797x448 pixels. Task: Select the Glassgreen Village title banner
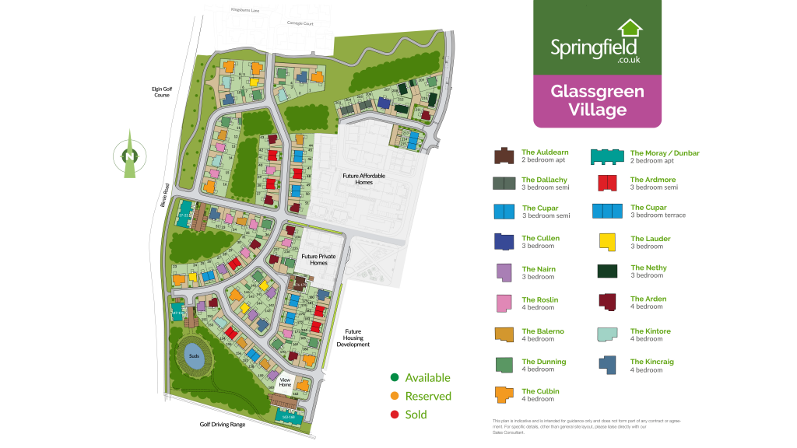pyautogui.click(x=597, y=101)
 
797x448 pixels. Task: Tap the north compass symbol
pyautogui.click(x=129, y=156)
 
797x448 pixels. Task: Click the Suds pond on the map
pyautogui.click(x=195, y=357)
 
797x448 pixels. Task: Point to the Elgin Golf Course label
pyautogui.click(x=162, y=92)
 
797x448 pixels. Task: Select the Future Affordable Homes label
pyautogui.click(x=364, y=179)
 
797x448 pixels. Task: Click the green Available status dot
pyautogui.click(x=395, y=378)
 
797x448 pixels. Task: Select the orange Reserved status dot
pyautogui.click(x=395, y=396)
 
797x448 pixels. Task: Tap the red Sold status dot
pyautogui.click(x=395, y=415)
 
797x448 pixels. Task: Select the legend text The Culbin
pyautogui.click(x=540, y=391)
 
